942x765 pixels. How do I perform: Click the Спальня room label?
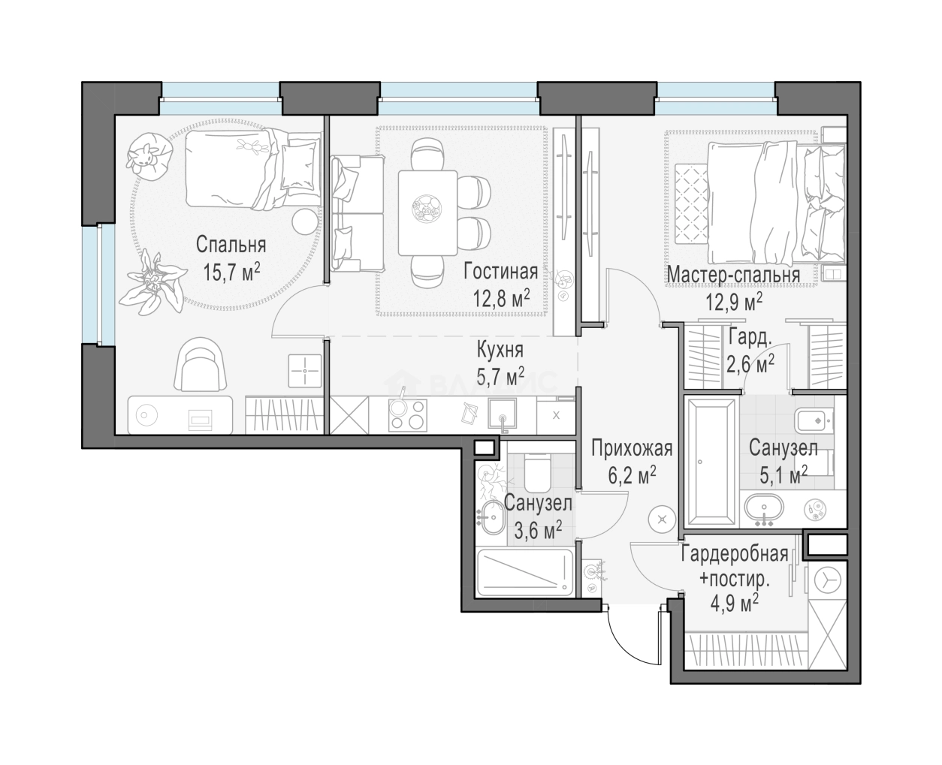[x=231, y=245]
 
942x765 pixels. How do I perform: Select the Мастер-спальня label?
[x=733, y=275]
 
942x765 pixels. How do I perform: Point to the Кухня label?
[x=500, y=350]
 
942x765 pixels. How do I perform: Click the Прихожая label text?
[x=632, y=449]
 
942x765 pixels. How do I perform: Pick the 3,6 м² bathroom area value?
[x=538, y=529]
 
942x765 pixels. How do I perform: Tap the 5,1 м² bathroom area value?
[x=783, y=474]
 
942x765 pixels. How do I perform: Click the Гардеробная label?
[x=735, y=554]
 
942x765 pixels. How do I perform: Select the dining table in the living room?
[x=427, y=212]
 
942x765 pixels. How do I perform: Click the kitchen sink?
[x=503, y=414]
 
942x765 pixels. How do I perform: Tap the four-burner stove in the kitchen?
[x=408, y=415]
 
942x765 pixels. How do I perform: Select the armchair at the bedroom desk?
[x=201, y=364]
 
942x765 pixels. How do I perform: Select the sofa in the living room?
[x=357, y=214]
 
